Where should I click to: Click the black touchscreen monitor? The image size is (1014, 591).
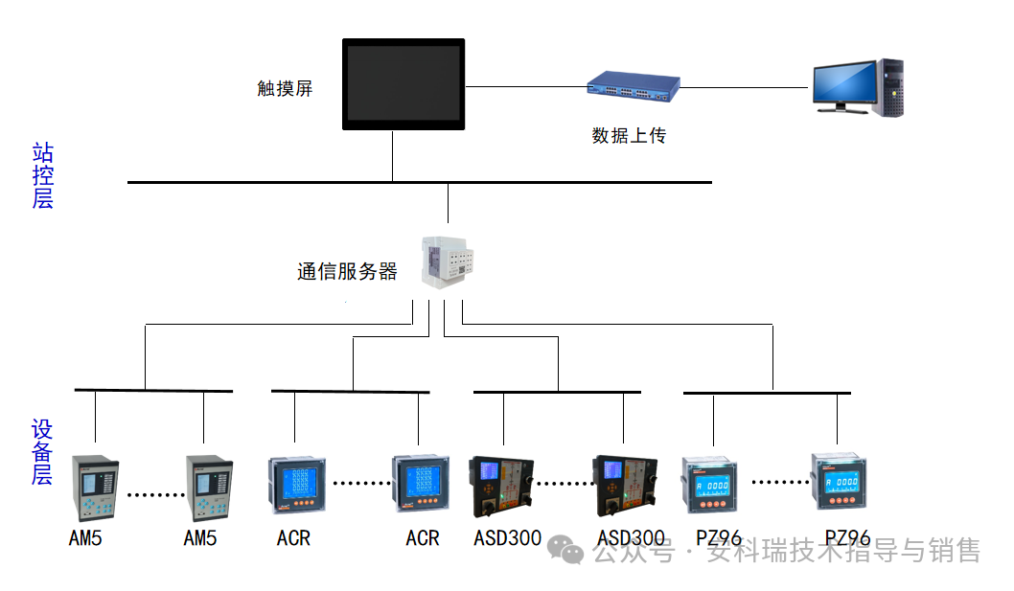pyautogui.click(x=403, y=84)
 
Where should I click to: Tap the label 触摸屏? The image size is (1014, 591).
pyautogui.click(x=285, y=89)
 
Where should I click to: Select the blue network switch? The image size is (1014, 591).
pyautogui.click(x=634, y=87)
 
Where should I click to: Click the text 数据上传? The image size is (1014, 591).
pyautogui.click(x=629, y=136)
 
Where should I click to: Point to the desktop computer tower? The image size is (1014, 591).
pyautogui.click(x=890, y=87)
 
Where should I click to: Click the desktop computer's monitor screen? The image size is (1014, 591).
pyautogui.click(x=843, y=83)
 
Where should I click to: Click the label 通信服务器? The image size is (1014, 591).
pyautogui.click(x=347, y=272)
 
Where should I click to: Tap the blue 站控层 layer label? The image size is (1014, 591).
pyautogui.click(x=42, y=175)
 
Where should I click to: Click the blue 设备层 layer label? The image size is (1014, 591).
pyautogui.click(x=42, y=451)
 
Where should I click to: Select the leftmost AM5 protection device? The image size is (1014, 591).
pyautogui.click(x=95, y=488)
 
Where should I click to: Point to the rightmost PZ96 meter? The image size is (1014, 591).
pyautogui.click(x=840, y=483)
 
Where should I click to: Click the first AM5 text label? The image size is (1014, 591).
pyautogui.click(x=85, y=538)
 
